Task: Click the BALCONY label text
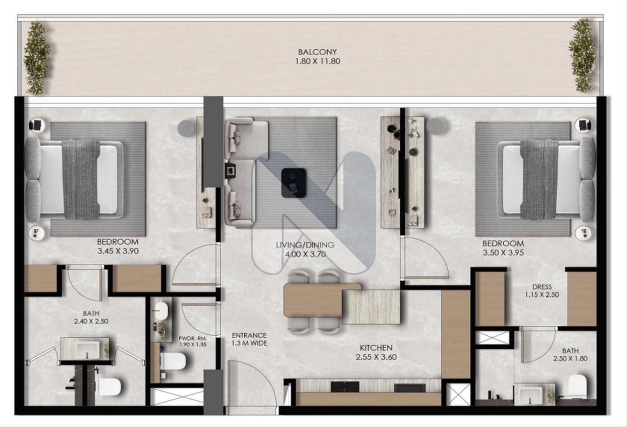tap(317, 52)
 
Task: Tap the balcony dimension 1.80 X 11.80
tap(318, 61)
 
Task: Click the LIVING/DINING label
tap(305, 245)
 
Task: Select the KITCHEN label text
tap(376, 348)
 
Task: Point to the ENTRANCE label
tap(249, 335)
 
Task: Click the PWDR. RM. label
tap(193, 338)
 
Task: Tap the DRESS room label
tap(542, 287)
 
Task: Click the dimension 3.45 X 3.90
tap(118, 251)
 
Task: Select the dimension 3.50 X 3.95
tap(503, 253)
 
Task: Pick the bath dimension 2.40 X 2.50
tap(91, 321)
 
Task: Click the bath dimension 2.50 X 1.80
tap(570, 358)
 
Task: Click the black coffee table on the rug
tap(293, 183)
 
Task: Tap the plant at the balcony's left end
tap(37, 58)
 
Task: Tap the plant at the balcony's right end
tap(582, 55)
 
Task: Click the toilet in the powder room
tap(173, 361)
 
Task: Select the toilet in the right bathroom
tap(577, 386)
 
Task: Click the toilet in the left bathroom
tap(109, 387)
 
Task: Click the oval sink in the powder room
tap(162, 310)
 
